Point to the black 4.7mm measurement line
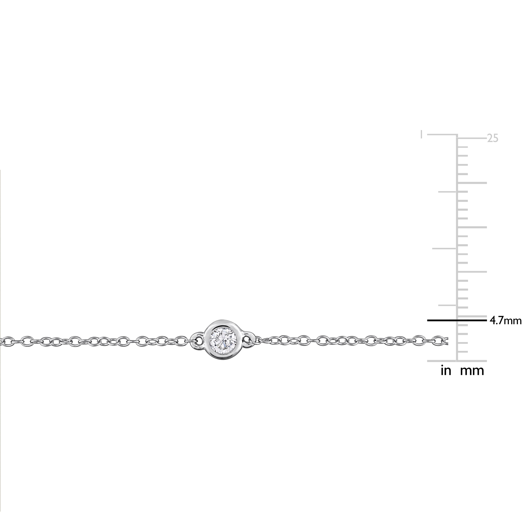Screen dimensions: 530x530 pyautogui.click(x=457, y=320)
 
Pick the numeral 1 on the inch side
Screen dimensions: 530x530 pyautogui.click(x=422, y=135)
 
